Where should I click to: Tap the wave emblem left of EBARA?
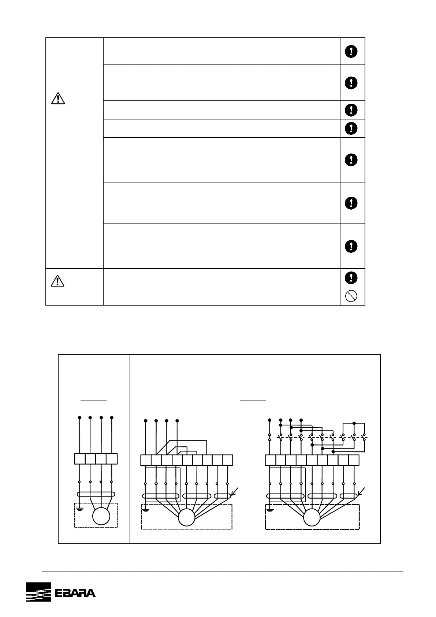38,592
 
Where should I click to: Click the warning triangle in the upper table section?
58,98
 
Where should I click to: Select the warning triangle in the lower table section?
58,281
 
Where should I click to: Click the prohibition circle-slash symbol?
351,296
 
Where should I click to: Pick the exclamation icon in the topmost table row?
351,51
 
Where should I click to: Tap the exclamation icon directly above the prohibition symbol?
351,277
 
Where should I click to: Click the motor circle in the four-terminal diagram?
101,516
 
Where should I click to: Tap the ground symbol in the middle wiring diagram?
146,510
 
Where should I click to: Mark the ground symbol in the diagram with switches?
270,510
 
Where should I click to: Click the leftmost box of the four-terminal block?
80,459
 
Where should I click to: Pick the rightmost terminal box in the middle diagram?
228,460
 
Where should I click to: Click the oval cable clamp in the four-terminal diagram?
96,494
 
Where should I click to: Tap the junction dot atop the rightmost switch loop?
354,423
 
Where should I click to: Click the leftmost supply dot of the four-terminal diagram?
80,417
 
